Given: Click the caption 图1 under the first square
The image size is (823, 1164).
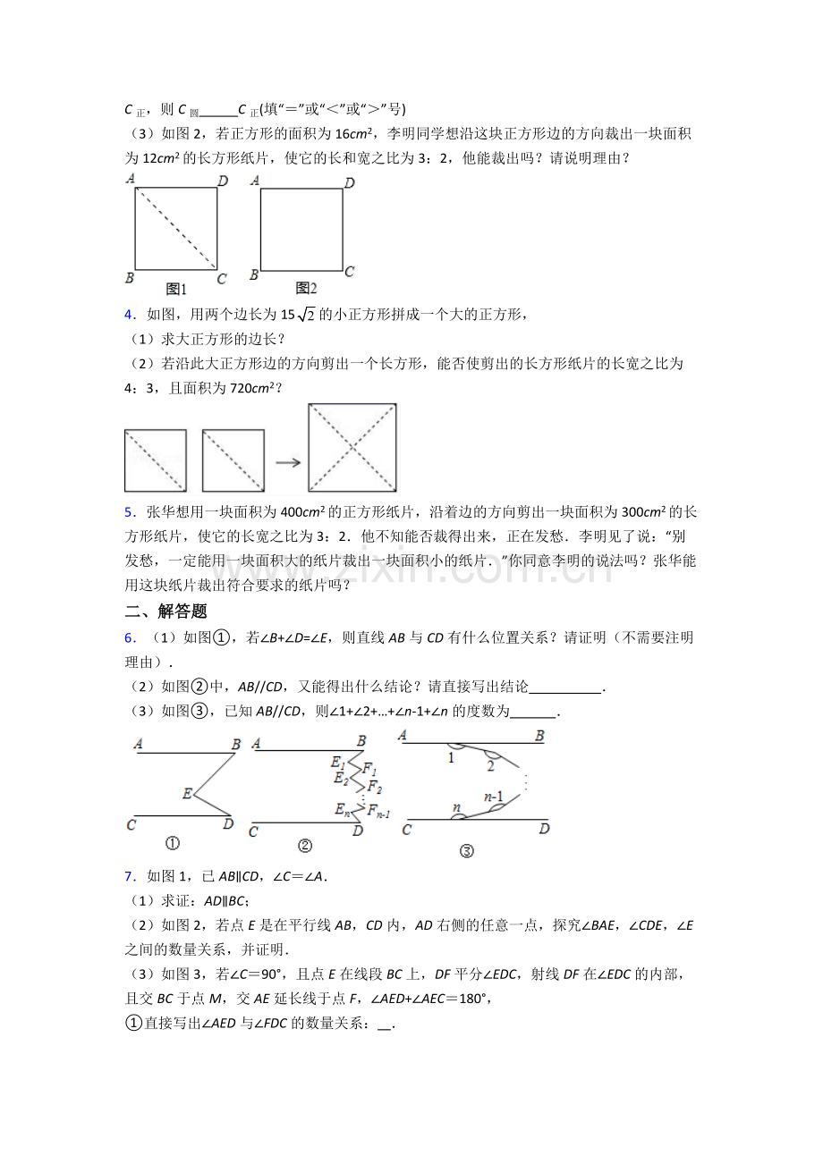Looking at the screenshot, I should (176, 289).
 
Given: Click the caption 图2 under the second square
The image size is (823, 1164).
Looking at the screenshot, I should (307, 288).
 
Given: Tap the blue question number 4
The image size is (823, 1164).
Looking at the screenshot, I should (129, 314).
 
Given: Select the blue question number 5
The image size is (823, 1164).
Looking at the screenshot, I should (129, 512).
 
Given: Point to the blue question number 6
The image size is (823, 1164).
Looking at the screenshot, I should (129, 637).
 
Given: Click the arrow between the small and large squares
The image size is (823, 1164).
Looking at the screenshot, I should (286, 462).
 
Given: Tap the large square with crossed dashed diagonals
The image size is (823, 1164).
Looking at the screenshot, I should (352, 448).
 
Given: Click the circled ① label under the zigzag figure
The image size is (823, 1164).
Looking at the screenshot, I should (172, 842).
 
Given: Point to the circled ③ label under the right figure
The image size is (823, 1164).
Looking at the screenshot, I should (466, 851).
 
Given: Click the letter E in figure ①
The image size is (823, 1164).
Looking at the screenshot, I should (187, 793).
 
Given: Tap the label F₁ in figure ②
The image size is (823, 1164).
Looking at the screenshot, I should (369, 771).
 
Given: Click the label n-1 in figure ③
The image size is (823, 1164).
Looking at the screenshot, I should (493, 796).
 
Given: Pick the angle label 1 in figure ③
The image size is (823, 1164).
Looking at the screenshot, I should (451, 758).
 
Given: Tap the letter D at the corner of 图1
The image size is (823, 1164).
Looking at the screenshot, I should (222, 181).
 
